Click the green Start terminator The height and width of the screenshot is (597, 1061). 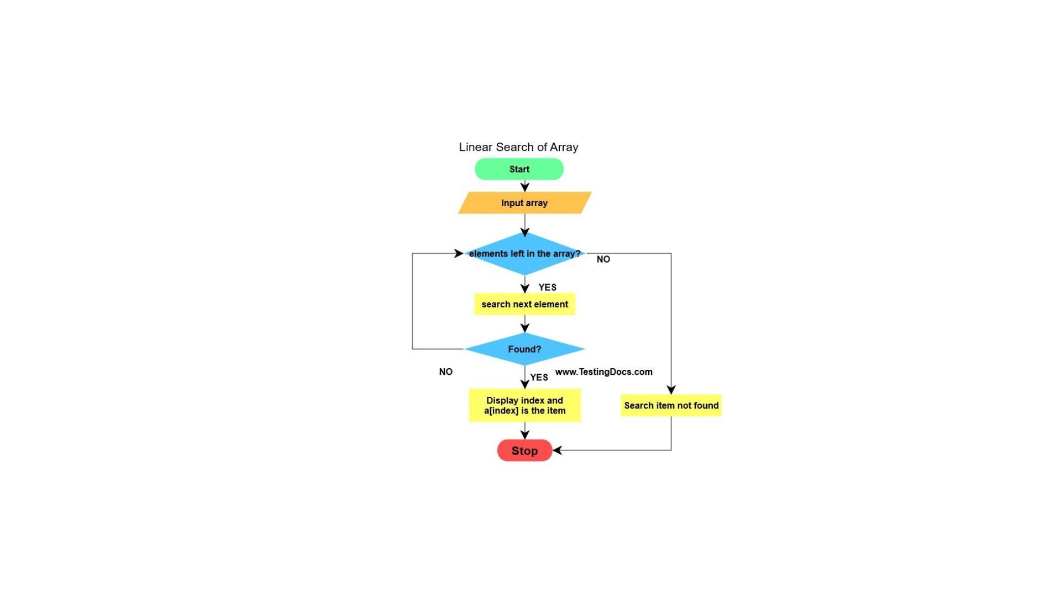point(519,169)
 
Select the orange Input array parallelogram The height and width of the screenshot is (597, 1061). point(524,203)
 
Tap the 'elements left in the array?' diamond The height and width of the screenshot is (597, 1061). point(524,254)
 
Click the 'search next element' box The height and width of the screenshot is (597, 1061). point(524,304)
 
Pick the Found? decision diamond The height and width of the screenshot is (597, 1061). point(524,349)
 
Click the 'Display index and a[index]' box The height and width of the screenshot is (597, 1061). point(524,405)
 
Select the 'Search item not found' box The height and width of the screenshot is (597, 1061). point(671,405)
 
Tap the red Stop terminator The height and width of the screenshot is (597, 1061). point(524,451)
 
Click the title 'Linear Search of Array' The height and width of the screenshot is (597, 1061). point(518,147)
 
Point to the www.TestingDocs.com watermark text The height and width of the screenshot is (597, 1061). point(603,372)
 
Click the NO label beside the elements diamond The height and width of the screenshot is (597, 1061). point(603,259)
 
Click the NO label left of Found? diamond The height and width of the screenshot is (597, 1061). point(445,372)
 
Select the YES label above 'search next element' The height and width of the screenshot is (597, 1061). point(547,287)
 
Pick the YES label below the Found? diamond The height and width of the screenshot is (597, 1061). point(539,378)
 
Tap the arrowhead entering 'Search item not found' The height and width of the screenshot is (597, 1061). point(671,390)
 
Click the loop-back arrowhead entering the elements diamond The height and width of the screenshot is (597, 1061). point(459,254)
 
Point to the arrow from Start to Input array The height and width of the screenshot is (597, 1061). point(525,186)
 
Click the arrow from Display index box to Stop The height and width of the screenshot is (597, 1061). point(525,431)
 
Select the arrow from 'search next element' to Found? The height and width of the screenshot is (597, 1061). point(525,324)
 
